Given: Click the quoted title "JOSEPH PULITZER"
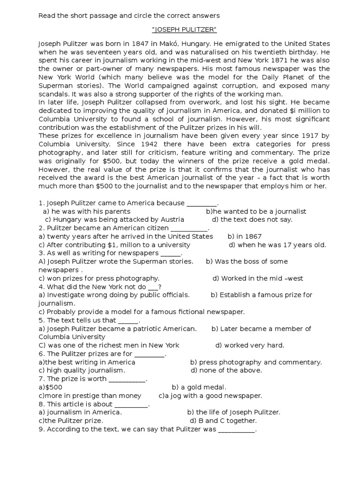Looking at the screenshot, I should coord(184,30).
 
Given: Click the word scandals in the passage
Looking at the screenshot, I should coord(52,94).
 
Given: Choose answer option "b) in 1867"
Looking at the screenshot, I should coord(245,236).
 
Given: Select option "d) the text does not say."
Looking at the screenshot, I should coord(252,219).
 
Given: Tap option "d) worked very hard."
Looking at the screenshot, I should coord(250,345).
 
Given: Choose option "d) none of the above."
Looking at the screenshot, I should coord(226,370).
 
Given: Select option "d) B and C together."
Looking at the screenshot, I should coord(225,421).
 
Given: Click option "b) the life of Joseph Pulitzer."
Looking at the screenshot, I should coord(233,412).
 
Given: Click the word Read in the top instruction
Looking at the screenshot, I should coord(46,15).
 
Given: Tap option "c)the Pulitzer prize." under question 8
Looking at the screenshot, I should coord(71,421).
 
